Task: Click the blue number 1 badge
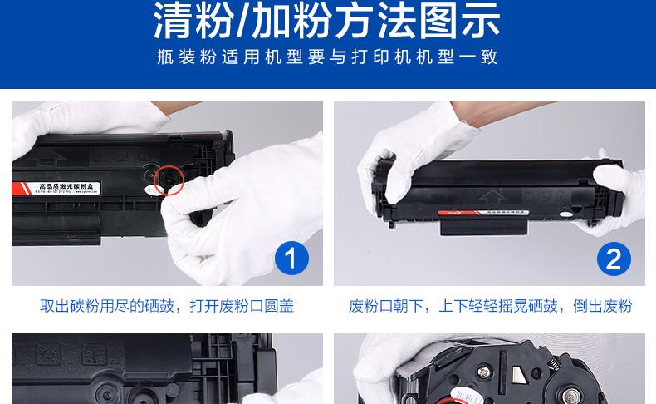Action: tap(291, 259)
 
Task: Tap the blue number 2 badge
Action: tap(614, 259)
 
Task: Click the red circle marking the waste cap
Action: tap(169, 180)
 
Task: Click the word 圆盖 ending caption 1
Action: tap(278, 306)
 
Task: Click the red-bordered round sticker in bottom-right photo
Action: tap(464, 391)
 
